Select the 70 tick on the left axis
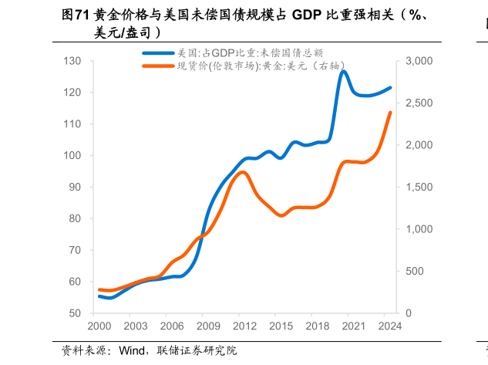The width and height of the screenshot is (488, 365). coord(75,251)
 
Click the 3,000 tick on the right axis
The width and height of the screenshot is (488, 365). coord(416,61)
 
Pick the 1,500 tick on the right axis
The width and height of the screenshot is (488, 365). coord(416,188)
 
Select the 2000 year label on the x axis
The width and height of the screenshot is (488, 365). coord(99,327)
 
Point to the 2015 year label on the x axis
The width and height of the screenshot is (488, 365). coord(281,327)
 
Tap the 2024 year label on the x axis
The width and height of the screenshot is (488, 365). coord(390,327)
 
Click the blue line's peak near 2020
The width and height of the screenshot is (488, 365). coord(343,72)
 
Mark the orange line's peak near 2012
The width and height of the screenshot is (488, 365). coord(242,172)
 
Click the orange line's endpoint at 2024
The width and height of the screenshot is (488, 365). coord(390,113)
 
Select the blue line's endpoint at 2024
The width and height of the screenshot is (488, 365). coord(390,88)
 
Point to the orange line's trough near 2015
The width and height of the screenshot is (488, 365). coord(281,215)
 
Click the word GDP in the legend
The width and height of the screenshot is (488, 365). coord(223,53)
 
